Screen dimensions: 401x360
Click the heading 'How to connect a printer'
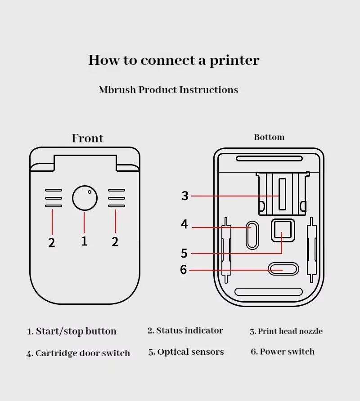[x=174, y=60]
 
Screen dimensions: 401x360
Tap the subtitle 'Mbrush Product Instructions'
[x=168, y=90]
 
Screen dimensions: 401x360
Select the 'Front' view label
[x=87, y=138]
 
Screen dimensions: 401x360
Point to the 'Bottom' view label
[x=269, y=137]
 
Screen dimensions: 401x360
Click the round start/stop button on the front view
[x=85, y=198]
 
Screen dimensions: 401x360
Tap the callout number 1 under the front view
[x=84, y=241]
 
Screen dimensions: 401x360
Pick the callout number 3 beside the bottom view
[x=185, y=196]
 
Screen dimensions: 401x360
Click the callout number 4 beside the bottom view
[x=184, y=224]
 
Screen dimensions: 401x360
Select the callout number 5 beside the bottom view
[x=184, y=253]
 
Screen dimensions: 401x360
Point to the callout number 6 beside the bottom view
[x=183, y=270]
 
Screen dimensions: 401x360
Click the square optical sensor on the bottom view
[x=283, y=230]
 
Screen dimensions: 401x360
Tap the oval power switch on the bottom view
[x=283, y=269]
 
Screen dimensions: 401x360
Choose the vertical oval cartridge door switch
[x=252, y=235]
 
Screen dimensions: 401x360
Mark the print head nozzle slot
[x=282, y=194]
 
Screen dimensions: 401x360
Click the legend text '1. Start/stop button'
[x=72, y=332]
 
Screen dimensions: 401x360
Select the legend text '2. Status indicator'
[x=185, y=331]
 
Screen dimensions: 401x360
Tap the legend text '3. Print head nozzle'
[x=286, y=332]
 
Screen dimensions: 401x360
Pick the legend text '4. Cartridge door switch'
[x=78, y=353]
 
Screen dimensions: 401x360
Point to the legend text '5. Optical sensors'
[x=186, y=352]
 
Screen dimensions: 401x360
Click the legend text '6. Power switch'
[x=283, y=352]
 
